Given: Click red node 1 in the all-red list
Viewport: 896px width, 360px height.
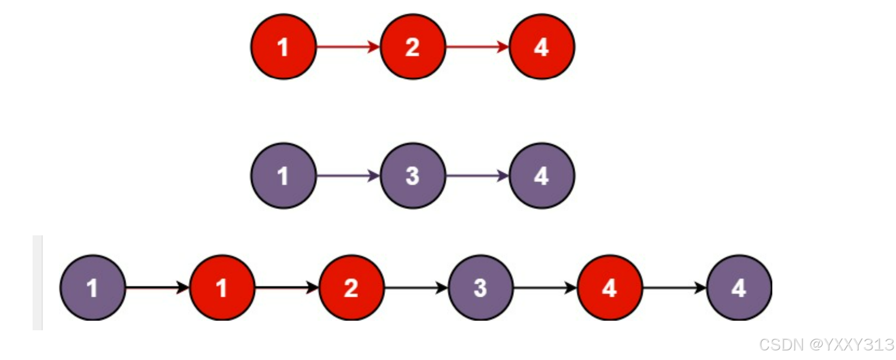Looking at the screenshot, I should coord(283,46).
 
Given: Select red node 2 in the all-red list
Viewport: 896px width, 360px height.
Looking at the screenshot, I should coord(413,46).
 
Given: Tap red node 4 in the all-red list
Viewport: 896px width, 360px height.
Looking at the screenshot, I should coord(542,46).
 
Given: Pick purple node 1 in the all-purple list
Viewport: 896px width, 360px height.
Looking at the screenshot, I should coord(283,175).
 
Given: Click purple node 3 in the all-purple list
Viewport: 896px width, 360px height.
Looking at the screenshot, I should coord(413,175).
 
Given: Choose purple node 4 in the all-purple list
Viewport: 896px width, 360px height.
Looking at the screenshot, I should coord(542,175).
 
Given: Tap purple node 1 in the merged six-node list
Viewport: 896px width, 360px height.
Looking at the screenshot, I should coord(93,288).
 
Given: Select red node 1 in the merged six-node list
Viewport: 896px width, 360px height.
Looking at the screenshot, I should coord(222,288).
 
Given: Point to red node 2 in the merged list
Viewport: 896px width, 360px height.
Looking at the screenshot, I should coord(351,288).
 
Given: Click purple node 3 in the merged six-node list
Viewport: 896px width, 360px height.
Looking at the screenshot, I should coord(480,288).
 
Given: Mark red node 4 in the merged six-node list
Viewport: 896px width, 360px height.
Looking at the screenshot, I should coord(610,288).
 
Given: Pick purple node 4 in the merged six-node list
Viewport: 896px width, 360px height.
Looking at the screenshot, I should coord(739,288).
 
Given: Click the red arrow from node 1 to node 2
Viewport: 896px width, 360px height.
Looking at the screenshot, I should coord(348,46).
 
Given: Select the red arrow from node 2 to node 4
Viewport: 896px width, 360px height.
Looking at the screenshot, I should coord(477,46).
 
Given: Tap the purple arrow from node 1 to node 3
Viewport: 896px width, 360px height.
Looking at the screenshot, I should coord(348,175).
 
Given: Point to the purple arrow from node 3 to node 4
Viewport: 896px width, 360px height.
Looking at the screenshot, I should coord(477,175).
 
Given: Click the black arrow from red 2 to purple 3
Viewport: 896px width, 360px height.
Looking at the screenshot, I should coord(416,288).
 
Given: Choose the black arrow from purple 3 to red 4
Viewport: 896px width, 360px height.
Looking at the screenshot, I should coord(545,288).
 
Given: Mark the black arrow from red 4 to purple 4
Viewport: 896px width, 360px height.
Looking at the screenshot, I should coord(675,288).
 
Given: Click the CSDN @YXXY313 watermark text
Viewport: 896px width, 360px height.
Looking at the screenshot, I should coord(826,344).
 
